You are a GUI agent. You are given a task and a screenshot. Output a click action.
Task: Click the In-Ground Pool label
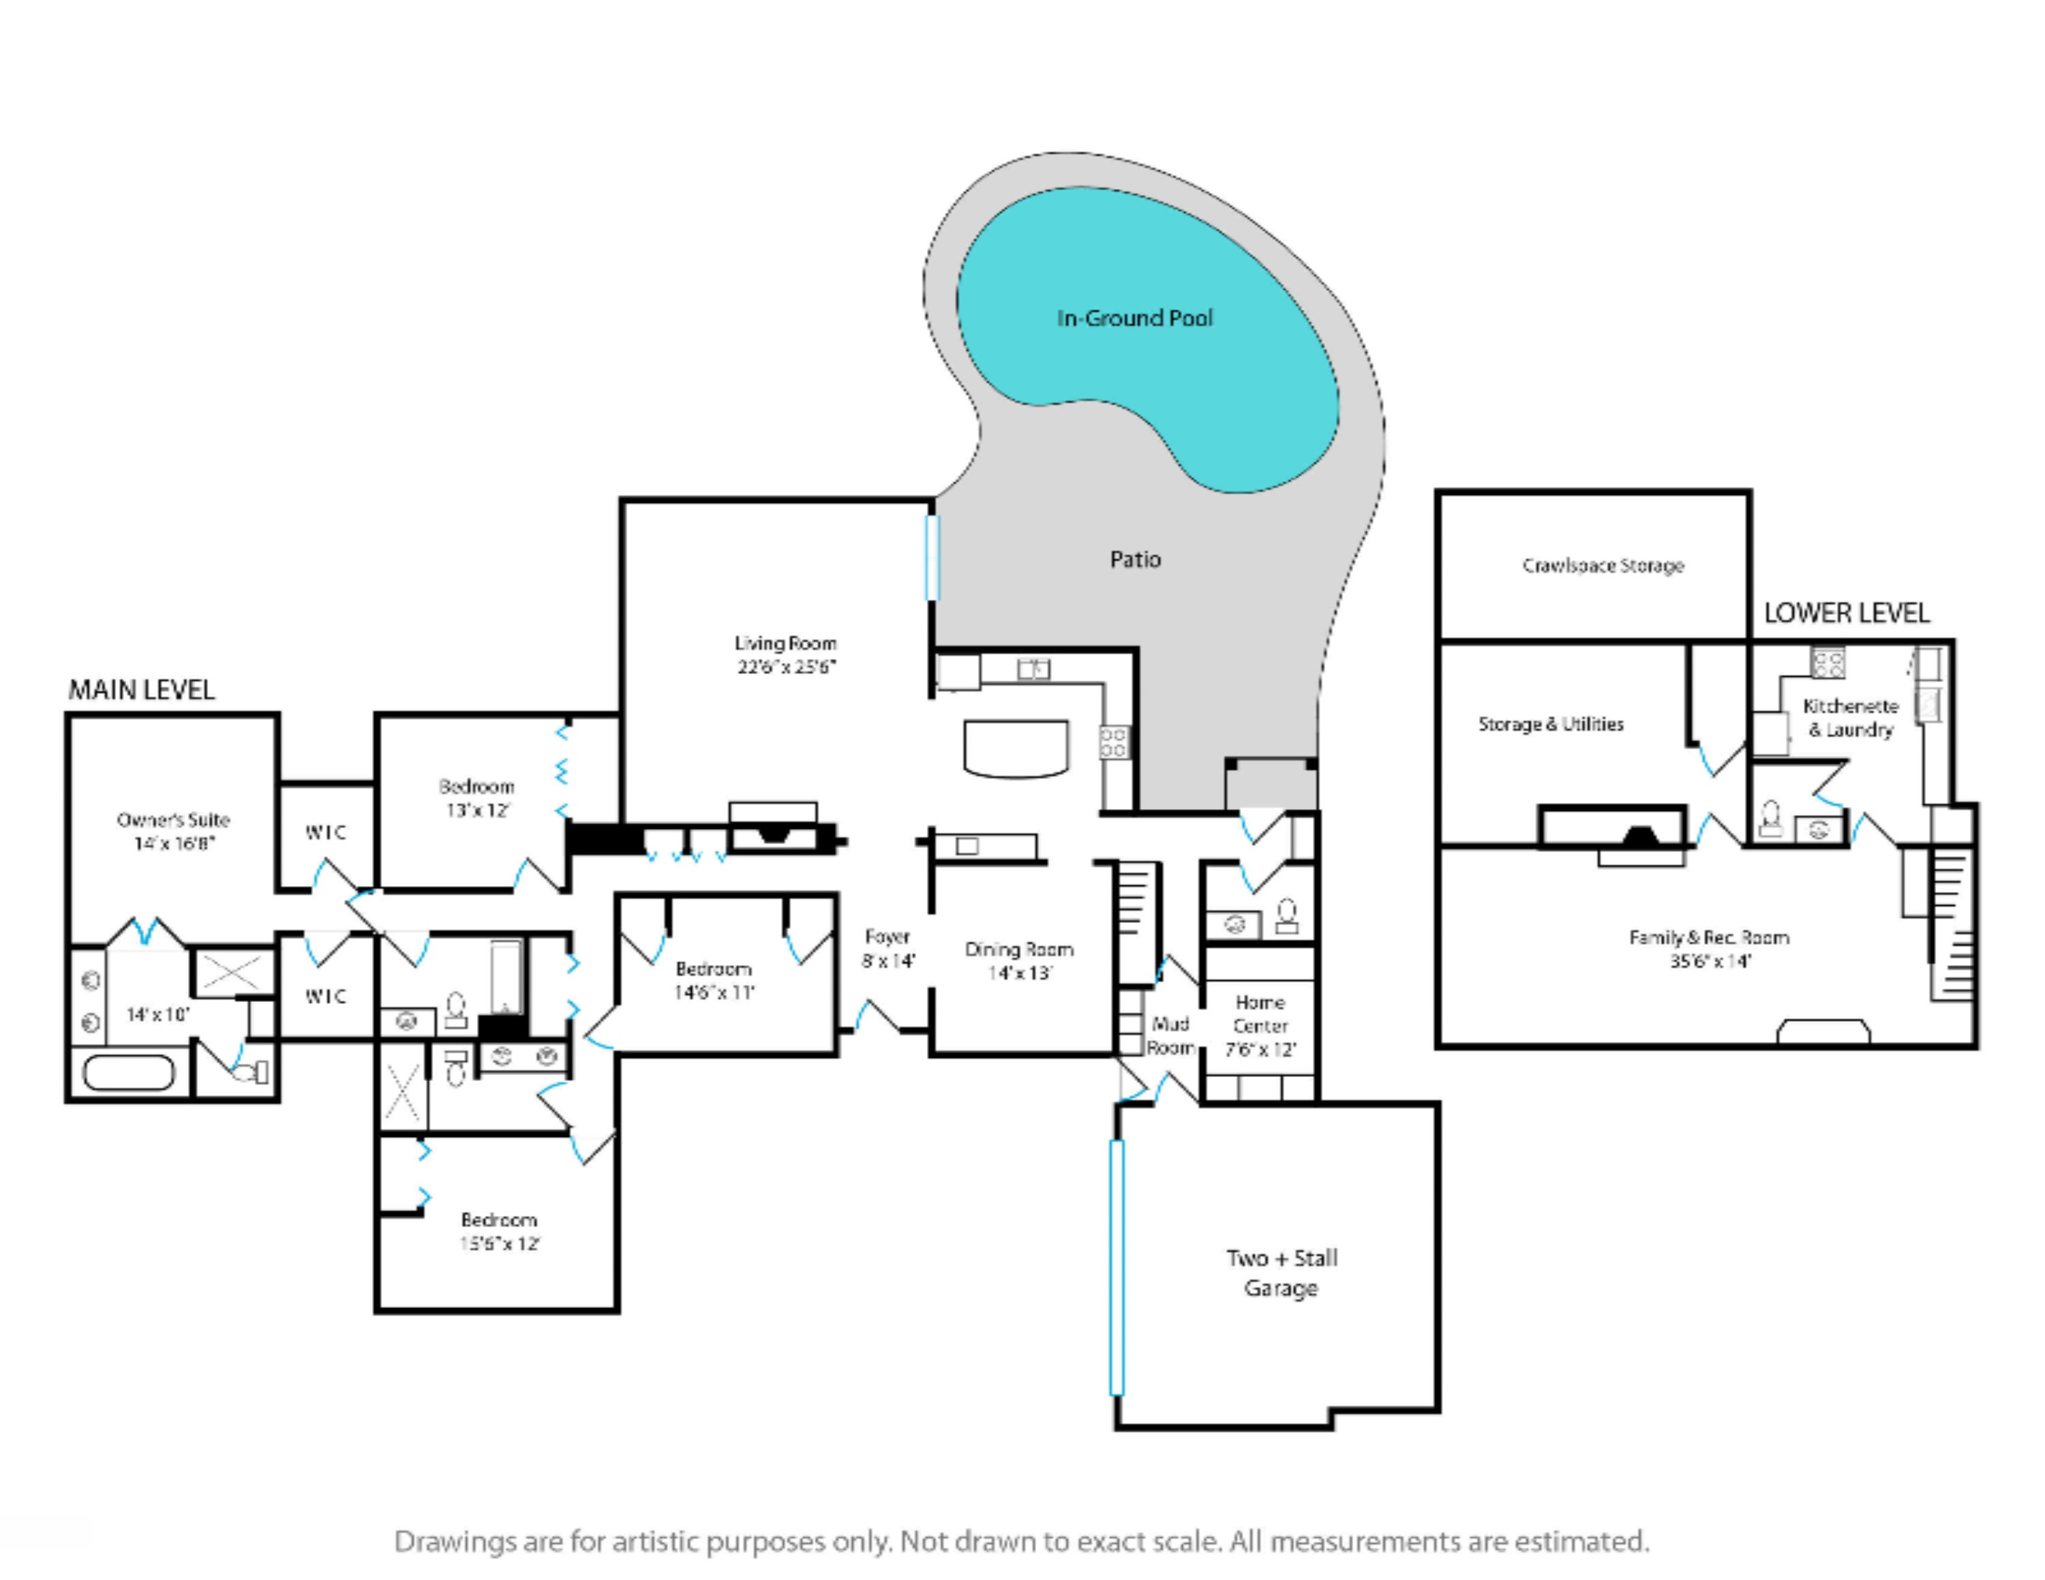click(x=1135, y=318)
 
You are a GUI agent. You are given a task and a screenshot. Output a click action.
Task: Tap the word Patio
click(x=1135, y=560)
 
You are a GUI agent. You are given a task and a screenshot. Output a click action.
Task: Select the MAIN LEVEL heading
click(x=141, y=690)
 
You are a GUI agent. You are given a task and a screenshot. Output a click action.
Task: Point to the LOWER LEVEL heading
click(x=1847, y=613)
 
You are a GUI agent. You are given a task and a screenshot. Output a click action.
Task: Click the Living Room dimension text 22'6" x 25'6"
click(x=785, y=667)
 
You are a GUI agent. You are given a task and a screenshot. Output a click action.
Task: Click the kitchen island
click(x=1016, y=748)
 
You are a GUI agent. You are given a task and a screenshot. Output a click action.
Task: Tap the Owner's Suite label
click(x=173, y=820)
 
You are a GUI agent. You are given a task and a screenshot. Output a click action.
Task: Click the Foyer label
click(x=888, y=936)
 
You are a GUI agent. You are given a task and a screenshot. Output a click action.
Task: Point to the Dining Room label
click(x=1019, y=949)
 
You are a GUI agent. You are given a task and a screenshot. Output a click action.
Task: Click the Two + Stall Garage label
click(x=1282, y=1273)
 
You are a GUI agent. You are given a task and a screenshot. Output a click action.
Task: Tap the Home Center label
click(x=1260, y=1014)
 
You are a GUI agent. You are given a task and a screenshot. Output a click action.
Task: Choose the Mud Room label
click(x=1170, y=1035)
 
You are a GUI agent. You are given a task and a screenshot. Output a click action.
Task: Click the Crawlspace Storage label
click(x=1603, y=565)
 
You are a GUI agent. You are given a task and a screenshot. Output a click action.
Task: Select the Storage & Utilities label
click(x=1551, y=724)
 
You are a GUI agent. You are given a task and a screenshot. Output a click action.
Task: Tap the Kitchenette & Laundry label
click(x=1850, y=718)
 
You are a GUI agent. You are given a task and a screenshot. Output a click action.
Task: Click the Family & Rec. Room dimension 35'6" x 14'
click(x=1710, y=961)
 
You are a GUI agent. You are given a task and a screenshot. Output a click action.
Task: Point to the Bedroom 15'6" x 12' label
click(x=499, y=1232)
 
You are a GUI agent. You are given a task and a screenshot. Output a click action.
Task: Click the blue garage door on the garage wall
click(x=1116, y=1266)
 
